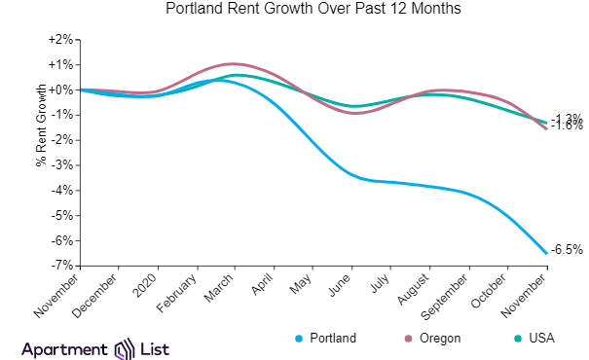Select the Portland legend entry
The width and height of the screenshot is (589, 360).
326,339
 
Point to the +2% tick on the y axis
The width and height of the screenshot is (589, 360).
59,40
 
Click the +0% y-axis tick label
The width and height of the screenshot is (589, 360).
59,90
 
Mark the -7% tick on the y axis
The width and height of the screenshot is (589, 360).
61,266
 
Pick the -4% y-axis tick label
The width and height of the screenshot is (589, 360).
61,190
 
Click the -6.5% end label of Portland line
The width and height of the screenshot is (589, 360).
568,250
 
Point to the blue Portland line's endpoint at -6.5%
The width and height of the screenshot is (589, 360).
546,253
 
